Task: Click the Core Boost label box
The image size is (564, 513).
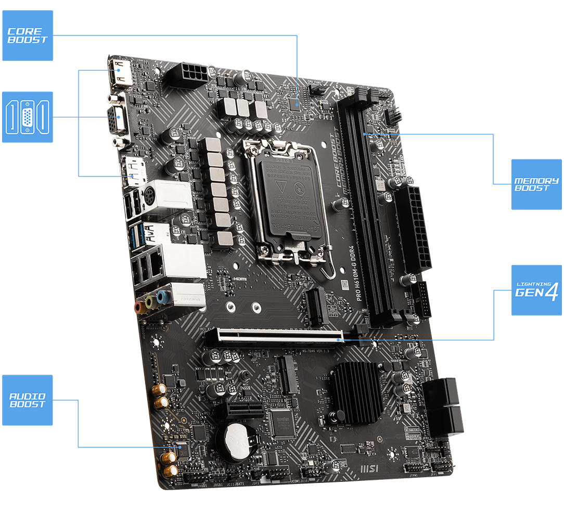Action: pos(28,35)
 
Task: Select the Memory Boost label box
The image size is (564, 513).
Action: pos(536,184)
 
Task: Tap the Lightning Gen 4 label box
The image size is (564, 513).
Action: pos(536,290)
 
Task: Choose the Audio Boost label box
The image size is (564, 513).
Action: pos(28,400)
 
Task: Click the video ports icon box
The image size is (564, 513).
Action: pos(28,117)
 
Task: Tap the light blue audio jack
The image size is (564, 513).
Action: pos(163,297)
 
